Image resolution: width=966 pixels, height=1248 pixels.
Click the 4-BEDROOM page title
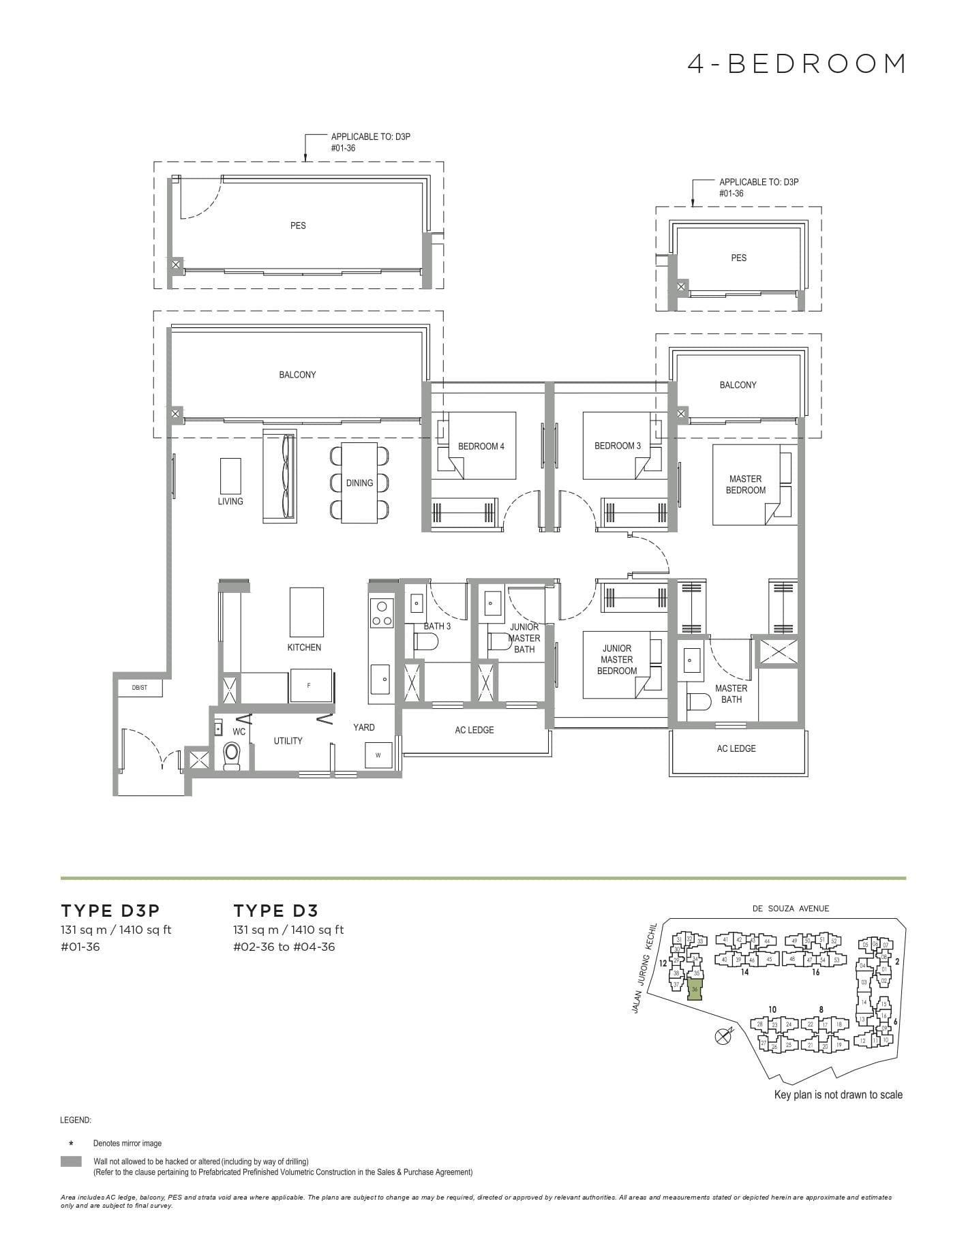(796, 64)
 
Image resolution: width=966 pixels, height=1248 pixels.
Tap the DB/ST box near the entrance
(140, 688)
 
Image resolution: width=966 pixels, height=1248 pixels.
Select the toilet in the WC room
(232, 756)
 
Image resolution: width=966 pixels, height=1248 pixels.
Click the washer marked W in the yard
(378, 755)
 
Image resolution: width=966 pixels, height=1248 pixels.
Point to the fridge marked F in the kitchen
(310, 685)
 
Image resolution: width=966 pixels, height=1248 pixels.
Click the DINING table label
(359, 483)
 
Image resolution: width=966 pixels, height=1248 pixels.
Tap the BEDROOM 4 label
(481, 446)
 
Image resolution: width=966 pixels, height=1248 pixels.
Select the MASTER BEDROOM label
(745, 484)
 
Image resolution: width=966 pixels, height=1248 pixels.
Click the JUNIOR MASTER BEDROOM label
(616, 659)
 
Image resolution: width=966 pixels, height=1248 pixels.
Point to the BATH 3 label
(437, 626)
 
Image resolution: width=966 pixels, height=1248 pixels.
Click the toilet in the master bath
(699, 701)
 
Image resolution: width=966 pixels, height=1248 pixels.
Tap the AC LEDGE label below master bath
(736, 748)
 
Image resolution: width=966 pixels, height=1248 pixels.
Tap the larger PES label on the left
(298, 225)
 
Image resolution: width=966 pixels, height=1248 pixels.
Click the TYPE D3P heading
(110, 911)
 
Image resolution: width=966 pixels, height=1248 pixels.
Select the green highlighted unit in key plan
(695, 989)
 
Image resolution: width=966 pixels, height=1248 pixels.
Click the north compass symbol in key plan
(721, 1037)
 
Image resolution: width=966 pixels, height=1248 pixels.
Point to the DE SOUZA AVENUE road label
(791, 908)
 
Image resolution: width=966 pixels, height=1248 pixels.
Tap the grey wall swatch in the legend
(71, 1161)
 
